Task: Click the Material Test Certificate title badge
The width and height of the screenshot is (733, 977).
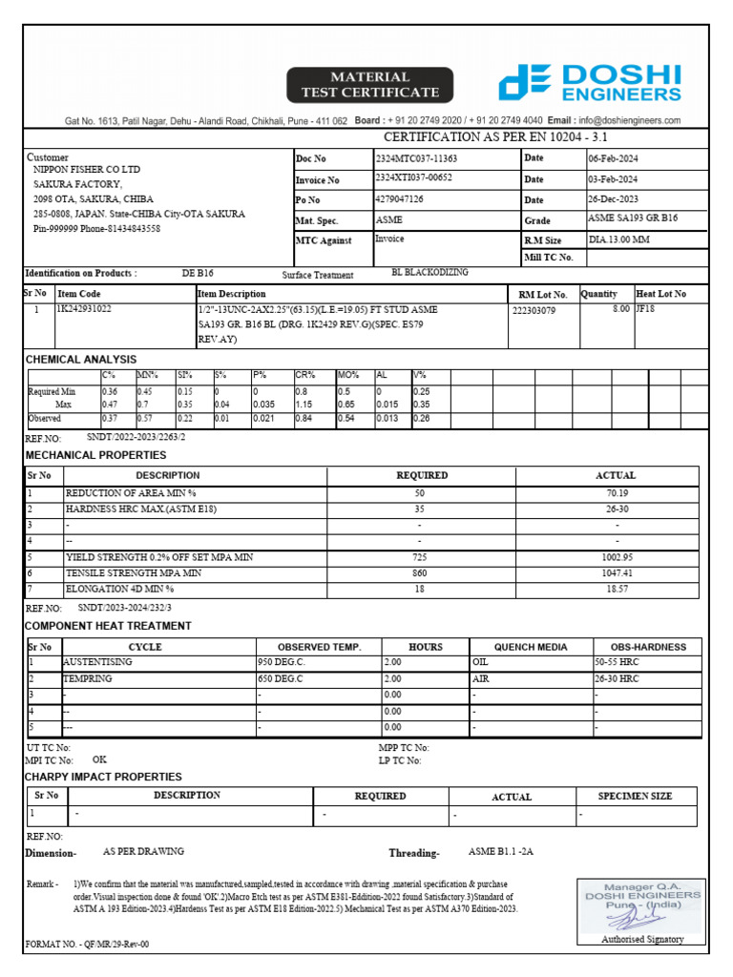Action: pos(370,85)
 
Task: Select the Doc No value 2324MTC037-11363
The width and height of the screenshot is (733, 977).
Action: pos(416,158)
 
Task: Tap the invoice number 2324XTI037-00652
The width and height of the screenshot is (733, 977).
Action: pos(414,178)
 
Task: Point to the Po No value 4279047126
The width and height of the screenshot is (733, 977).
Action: pos(400,199)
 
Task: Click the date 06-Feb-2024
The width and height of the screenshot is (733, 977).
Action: pos(613,158)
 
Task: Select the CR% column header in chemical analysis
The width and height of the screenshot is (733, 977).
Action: pos(305,376)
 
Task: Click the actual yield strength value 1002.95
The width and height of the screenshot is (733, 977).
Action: pos(617,556)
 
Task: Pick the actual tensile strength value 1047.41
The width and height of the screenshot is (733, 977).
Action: pos(617,572)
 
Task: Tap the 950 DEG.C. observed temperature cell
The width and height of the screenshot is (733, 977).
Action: pos(283,661)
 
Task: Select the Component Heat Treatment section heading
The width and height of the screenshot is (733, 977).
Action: pos(108,626)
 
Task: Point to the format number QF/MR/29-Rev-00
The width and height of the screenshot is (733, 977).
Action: pos(87,945)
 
